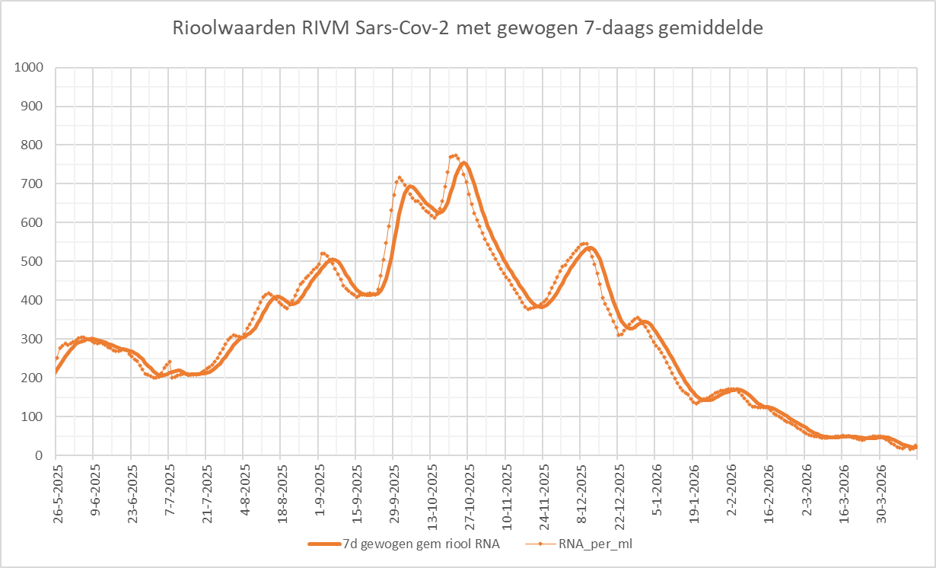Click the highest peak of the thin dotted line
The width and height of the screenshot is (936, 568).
(x=454, y=155)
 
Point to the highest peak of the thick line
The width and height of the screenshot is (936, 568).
(x=463, y=162)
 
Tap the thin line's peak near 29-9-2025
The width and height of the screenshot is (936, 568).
(x=399, y=178)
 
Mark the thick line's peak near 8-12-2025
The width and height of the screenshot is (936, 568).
(x=589, y=247)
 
